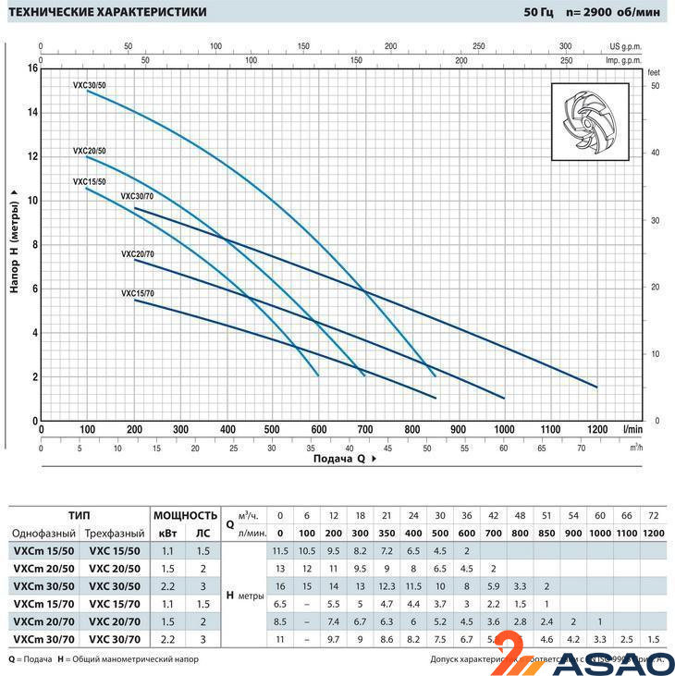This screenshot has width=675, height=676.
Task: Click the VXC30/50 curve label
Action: pos(90,85)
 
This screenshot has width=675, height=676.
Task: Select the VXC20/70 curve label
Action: pos(138,253)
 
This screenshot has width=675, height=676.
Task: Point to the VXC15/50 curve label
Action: pos(90,182)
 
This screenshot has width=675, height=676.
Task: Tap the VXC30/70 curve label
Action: pos(138,197)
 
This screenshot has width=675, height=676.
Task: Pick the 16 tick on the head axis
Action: pos(31,68)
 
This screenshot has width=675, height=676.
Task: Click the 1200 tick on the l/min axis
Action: pos(596,429)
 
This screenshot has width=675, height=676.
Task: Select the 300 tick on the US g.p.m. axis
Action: pos(566,45)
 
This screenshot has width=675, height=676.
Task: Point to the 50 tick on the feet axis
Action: pos(654,85)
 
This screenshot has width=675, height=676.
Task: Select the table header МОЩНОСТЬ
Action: pos(185,515)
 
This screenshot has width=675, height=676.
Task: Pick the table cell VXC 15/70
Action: pos(115,603)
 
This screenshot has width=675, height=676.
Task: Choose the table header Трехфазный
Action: pos(115,534)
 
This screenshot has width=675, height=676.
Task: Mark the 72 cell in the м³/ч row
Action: pos(655,515)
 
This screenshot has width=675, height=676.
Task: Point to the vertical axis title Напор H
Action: pos(14,240)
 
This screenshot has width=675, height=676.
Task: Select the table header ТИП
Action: pos(80,515)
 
